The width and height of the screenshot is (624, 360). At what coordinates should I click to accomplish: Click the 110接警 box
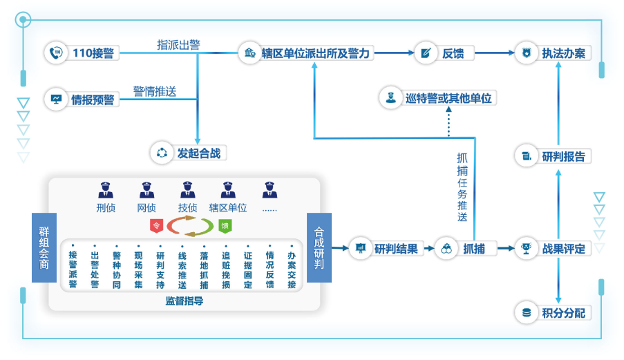coord(83,53)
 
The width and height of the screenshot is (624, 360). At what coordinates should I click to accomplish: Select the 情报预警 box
coord(83,100)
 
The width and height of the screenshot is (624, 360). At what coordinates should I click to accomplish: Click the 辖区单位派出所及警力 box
coord(308,53)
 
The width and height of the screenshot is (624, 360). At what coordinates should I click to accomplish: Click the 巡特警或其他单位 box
coord(439,98)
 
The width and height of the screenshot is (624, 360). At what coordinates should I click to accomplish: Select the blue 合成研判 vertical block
coord(319,247)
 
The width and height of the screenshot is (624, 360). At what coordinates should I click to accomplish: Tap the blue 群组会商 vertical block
coord(44,247)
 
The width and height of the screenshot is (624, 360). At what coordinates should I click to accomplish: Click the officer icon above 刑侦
coord(106,189)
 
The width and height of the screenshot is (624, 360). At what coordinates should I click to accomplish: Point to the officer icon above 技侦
coord(187,189)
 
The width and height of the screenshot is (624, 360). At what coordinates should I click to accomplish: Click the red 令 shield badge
coord(157,225)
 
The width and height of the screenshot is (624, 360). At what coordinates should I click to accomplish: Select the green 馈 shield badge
coord(224,225)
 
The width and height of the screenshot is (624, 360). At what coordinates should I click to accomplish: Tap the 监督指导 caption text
coord(184,301)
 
